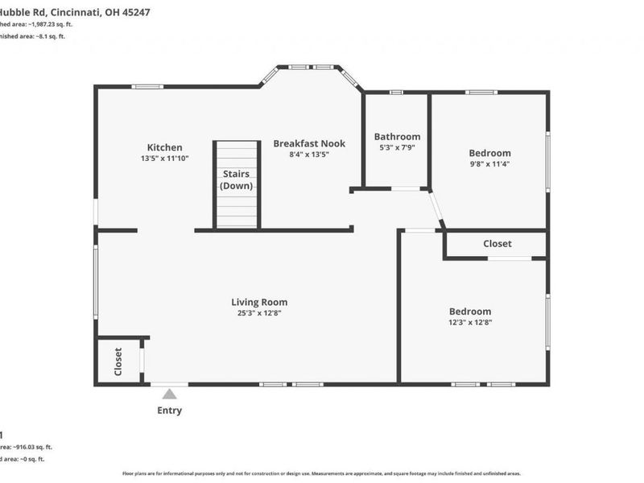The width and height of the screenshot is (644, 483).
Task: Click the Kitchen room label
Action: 164,147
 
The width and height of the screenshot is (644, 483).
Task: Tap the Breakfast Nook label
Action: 309,143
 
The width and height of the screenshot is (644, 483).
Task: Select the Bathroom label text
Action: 397,137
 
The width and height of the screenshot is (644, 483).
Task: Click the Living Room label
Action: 259,303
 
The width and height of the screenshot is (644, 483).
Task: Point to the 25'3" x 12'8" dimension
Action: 259,313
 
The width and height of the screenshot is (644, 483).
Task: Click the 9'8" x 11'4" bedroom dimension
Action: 489,163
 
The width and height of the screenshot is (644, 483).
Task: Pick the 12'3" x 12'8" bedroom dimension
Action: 470,322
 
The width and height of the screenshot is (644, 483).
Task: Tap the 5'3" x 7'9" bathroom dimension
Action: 397,147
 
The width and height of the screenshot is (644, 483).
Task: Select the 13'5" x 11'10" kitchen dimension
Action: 164,159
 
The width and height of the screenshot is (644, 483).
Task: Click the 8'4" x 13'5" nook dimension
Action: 309,154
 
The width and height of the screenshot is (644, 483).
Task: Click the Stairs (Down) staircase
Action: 237,185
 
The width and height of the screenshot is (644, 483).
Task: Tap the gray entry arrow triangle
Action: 169,394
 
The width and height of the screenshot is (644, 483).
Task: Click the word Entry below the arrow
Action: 169,411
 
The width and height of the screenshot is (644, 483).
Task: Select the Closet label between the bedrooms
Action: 497,244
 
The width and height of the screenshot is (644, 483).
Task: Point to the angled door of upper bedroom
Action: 436,208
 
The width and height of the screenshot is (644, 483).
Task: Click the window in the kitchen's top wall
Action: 148,86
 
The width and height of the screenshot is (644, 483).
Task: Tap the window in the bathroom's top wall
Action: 395,92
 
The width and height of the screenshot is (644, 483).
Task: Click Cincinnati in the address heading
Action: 79,13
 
